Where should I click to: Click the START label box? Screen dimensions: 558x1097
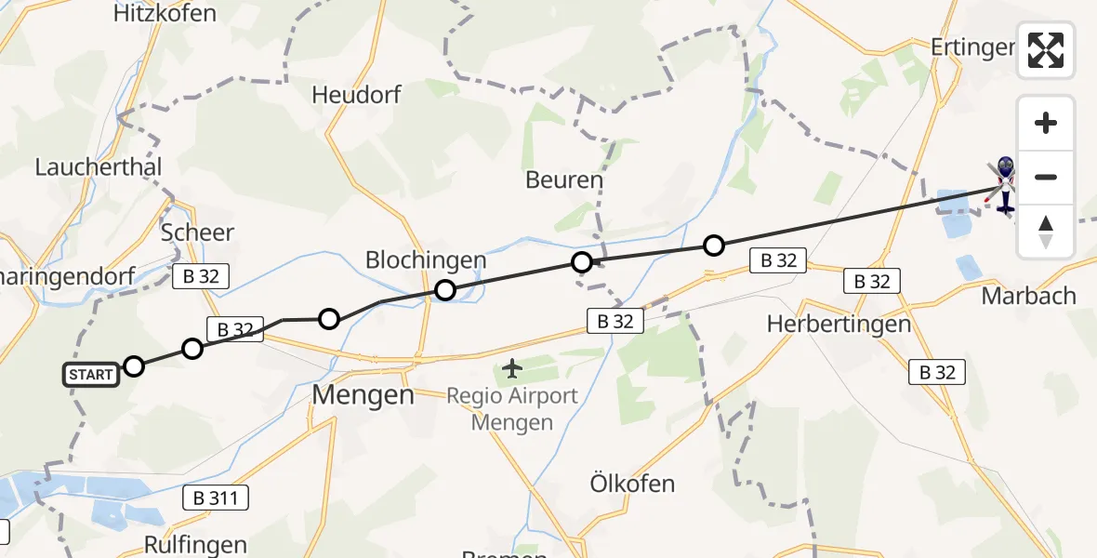click(x=91, y=375)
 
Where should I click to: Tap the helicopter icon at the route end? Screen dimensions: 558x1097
click(x=1005, y=184)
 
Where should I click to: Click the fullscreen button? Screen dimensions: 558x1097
click(x=1046, y=50)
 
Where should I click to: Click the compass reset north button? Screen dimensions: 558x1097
click(x=1046, y=232)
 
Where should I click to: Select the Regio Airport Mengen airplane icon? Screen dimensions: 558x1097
click(x=511, y=368)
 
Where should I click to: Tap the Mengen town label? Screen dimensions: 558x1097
click(x=363, y=395)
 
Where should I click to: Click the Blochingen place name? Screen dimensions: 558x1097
click(x=426, y=260)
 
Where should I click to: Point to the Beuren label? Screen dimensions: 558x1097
click(x=564, y=179)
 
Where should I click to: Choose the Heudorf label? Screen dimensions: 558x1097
click(x=356, y=95)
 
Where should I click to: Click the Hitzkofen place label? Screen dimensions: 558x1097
click(x=165, y=13)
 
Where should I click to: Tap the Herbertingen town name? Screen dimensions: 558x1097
click(x=826, y=324)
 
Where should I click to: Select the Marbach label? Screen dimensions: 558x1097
click(x=1029, y=297)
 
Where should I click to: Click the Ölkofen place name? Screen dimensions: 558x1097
click(x=632, y=484)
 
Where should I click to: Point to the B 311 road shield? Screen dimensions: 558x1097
click(x=216, y=498)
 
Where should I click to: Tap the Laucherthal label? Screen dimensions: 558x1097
click(x=99, y=167)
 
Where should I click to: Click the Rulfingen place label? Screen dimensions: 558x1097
click(x=196, y=544)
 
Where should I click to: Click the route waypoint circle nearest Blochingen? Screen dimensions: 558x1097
click(x=445, y=290)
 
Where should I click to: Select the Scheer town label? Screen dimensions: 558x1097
click(x=197, y=232)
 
